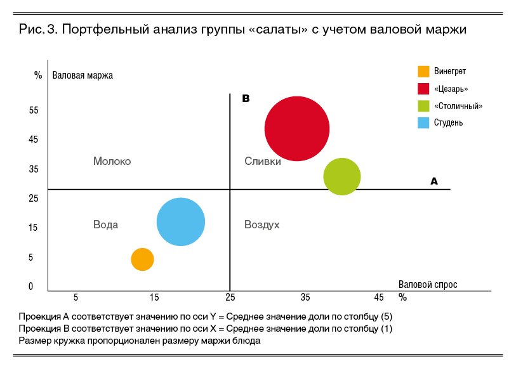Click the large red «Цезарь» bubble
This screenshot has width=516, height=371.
pyautogui.click(x=296, y=129)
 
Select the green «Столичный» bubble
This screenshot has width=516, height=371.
pyautogui.click(x=342, y=177)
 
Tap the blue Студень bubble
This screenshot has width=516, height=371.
pyautogui.click(x=181, y=222)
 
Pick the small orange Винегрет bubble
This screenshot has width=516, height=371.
pyautogui.click(x=143, y=259)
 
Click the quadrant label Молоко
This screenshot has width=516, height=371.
pyautogui.click(x=112, y=162)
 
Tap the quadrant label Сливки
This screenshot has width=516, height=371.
pyautogui.click(x=263, y=162)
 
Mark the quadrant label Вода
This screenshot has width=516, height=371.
pyautogui.click(x=105, y=225)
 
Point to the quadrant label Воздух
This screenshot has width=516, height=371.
pyautogui.click(x=262, y=225)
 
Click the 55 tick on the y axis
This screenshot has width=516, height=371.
pyautogui.click(x=34, y=110)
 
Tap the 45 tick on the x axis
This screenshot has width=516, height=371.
pyautogui.click(x=379, y=297)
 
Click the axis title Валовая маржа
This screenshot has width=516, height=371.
pyautogui.click(x=83, y=75)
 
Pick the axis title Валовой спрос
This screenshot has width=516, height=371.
pyautogui.click(x=428, y=285)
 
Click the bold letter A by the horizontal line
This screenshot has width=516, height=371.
pyautogui.click(x=434, y=181)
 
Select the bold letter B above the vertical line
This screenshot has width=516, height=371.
pyautogui.click(x=246, y=99)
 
